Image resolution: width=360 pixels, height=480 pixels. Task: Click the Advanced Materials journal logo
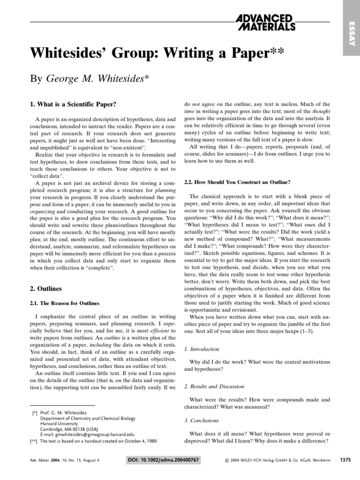pos(265,22)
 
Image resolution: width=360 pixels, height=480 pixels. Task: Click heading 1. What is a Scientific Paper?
pos(73,104)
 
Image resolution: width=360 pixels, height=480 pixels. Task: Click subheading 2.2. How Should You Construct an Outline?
pos(237,181)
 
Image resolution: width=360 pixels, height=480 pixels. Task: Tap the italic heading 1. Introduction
pos(202,349)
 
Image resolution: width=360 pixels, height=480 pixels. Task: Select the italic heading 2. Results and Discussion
pos(214,386)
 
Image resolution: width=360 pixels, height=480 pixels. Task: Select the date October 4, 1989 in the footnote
pos(139,441)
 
